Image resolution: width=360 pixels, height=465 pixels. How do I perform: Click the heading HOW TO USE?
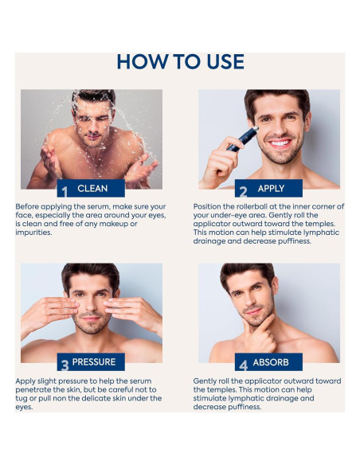(x=180, y=61)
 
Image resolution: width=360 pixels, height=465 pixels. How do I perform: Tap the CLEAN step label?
(x=92, y=189)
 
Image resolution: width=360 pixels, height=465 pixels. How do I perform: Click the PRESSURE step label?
(x=94, y=362)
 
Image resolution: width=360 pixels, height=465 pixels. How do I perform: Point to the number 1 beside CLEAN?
(x=64, y=190)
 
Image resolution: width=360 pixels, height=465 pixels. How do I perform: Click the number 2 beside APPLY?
(x=243, y=190)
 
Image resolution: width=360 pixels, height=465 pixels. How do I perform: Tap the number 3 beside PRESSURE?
(x=64, y=365)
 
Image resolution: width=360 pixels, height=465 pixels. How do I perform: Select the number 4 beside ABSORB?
(x=243, y=365)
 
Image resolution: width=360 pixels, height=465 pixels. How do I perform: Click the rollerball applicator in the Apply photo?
(x=242, y=139)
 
